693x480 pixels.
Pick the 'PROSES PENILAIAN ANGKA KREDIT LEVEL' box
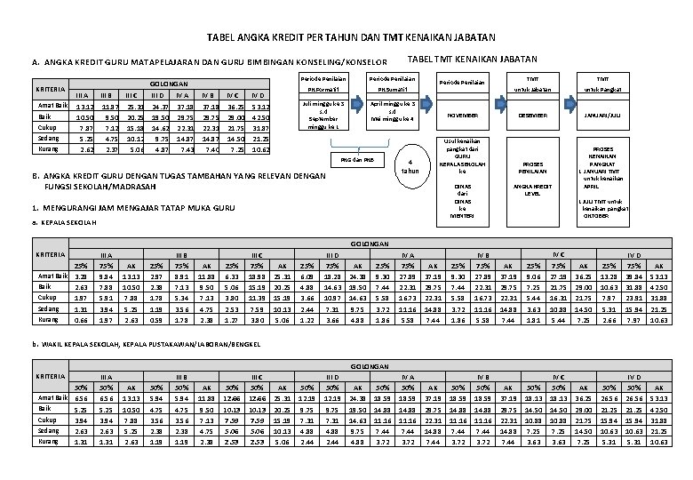[x=534, y=178]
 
